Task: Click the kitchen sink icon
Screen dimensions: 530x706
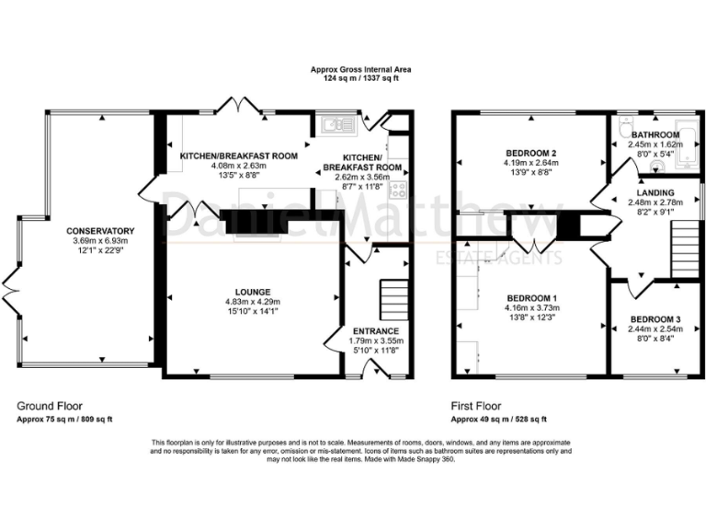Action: click(333, 121)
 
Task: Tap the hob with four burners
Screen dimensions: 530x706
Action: click(399, 190)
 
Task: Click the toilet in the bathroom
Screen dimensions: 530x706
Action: click(623, 126)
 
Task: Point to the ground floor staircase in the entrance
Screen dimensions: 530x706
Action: click(393, 299)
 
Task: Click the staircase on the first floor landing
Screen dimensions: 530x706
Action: click(684, 251)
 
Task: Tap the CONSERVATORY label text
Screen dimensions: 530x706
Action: click(101, 230)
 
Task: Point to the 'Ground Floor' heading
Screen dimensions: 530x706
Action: click(44, 405)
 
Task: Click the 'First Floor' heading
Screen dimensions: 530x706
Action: click(475, 405)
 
